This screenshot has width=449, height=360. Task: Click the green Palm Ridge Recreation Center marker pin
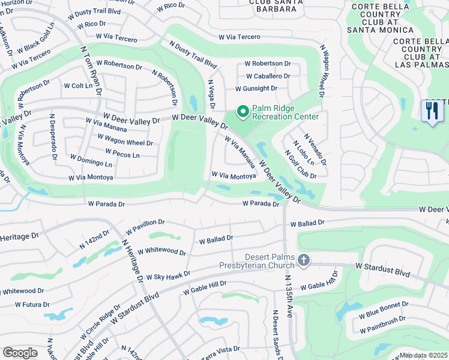tap(243, 112)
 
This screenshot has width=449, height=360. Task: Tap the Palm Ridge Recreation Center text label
tap(285, 112)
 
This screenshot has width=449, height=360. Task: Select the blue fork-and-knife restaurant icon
tap(432, 112)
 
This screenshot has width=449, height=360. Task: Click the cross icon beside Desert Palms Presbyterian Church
tap(304, 260)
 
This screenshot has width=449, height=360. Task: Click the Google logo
tap(20, 353)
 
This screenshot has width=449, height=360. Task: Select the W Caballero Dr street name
tap(268, 76)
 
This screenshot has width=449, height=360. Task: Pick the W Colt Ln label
tap(82, 86)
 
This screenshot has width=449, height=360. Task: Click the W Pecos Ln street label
tap(122, 154)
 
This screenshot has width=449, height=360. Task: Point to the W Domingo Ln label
tap(91, 161)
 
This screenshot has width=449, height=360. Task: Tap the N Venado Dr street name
tap(315, 149)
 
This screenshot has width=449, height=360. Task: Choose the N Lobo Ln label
tap(303, 154)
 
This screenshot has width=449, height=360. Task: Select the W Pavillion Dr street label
tap(145, 227)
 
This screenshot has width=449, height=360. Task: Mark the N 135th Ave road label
tap(289, 296)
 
